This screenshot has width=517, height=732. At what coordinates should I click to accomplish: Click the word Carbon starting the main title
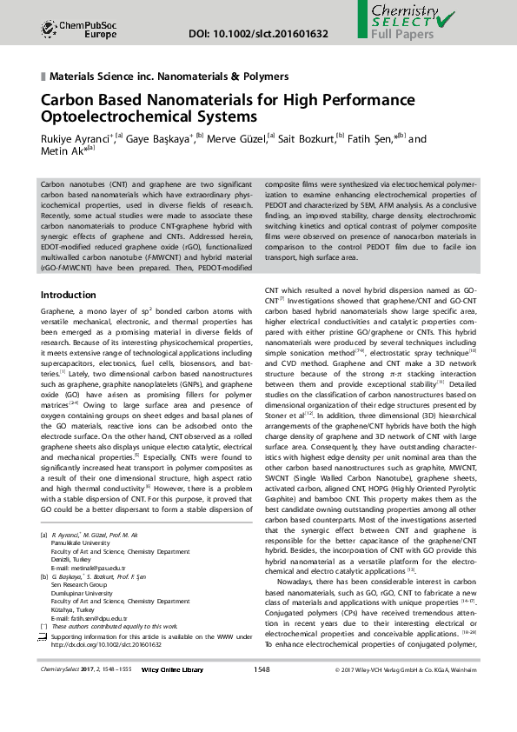pos(69,99)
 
